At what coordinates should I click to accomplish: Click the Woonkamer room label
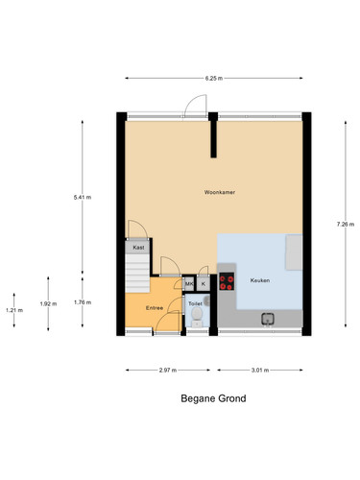[x=220, y=192]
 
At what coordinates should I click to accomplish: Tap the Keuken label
[x=260, y=280]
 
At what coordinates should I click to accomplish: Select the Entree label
[x=155, y=308]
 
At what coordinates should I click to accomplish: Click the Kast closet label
[x=138, y=248]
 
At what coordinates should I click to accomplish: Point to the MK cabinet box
[x=189, y=284]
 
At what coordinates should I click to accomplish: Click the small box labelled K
[x=204, y=284]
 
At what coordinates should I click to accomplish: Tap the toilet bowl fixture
[x=197, y=317]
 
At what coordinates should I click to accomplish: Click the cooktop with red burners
[x=227, y=281]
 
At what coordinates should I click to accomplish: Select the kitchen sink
[x=268, y=319]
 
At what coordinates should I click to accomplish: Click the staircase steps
[x=137, y=273]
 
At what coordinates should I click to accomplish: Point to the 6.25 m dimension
[x=214, y=78]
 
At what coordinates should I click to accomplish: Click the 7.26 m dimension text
[x=346, y=225]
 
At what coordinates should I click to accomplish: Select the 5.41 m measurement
[x=83, y=198]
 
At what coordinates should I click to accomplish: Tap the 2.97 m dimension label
[x=168, y=371]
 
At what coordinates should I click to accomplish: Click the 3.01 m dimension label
[x=260, y=371]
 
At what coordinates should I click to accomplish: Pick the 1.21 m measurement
[x=14, y=310]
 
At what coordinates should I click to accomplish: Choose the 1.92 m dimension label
[x=48, y=303]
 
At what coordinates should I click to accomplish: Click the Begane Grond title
[x=213, y=398]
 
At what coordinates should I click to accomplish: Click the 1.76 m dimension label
[x=83, y=302]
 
